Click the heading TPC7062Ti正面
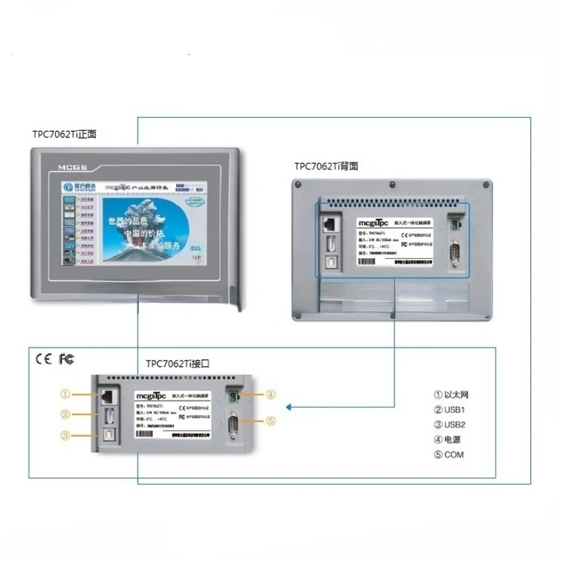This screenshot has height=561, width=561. [x=64, y=134]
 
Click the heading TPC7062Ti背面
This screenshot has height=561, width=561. [x=326, y=166]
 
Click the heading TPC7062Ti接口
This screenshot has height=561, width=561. [x=177, y=364]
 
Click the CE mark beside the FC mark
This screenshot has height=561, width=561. [x=43, y=359]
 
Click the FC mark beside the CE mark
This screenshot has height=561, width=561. [x=66, y=359]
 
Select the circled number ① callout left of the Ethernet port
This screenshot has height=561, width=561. [x=65, y=394]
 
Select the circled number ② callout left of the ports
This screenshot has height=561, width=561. [x=65, y=414]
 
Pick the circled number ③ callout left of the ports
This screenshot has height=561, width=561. [x=65, y=435]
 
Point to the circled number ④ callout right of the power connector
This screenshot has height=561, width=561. [x=271, y=394]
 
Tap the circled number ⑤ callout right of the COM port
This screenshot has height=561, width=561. [x=271, y=421]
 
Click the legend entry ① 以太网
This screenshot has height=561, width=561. [x=452, y=395]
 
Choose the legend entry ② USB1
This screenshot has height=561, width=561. [x=450, y=410]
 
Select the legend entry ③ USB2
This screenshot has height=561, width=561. [x=450, y=424]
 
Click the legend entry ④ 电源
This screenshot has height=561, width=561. [x=448, y=440]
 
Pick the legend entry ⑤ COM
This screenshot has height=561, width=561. [x=449, y=454]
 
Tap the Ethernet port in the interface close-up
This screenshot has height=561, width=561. [x=109, y=396]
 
